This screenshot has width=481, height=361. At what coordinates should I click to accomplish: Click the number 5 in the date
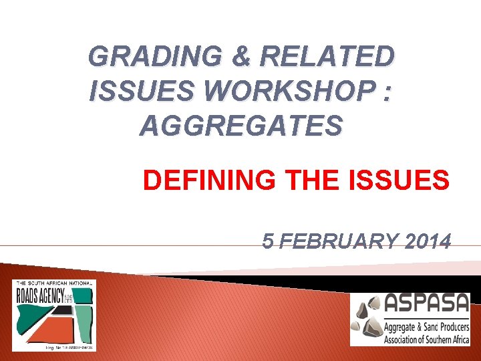[268, 241]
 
